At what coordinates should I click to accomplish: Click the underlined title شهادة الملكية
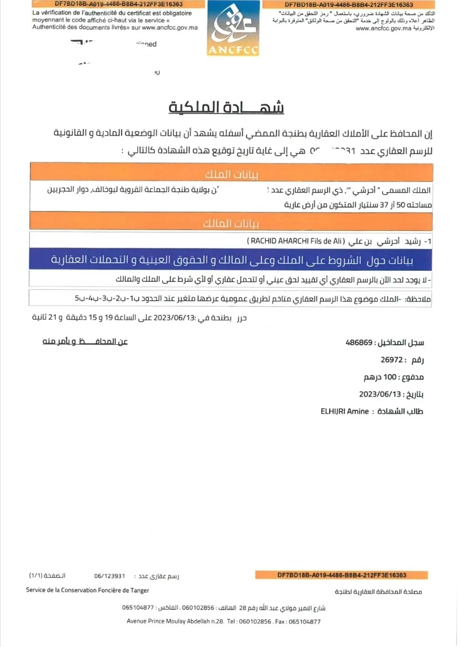pos(226,107)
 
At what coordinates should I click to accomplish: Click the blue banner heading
pos(232,260)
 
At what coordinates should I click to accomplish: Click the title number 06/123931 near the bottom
pos(109,576)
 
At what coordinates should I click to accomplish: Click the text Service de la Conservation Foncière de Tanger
pos(88,590)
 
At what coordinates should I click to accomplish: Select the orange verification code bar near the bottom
pos(342,575)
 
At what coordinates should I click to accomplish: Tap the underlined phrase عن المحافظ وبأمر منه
pos(85,341)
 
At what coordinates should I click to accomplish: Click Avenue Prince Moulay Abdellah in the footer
pos(169,621)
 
